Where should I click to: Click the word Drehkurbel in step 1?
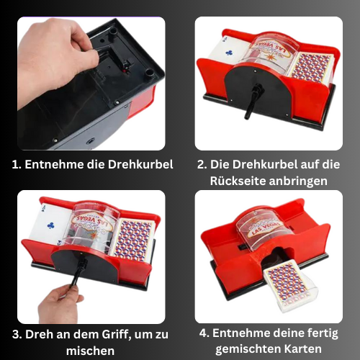click(x=140, y=165)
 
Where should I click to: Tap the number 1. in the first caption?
click(x=17, y=165)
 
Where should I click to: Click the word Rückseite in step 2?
click(x=238, y=181)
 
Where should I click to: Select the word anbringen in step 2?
click(x=298, y=181)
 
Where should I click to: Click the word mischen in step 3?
click(x=90, y=351)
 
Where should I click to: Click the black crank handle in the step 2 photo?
click(x=253, y=101)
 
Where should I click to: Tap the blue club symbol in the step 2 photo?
click(x=229, y=53)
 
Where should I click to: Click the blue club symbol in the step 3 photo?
click(x=50, y=225)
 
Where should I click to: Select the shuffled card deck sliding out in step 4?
click(x=289, y=284)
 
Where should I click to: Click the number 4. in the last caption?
click(x=204, y=333)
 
